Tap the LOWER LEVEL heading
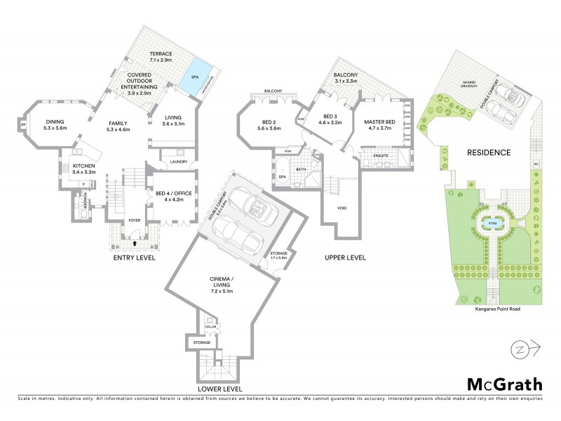(219, 388)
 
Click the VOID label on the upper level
(342, 208)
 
